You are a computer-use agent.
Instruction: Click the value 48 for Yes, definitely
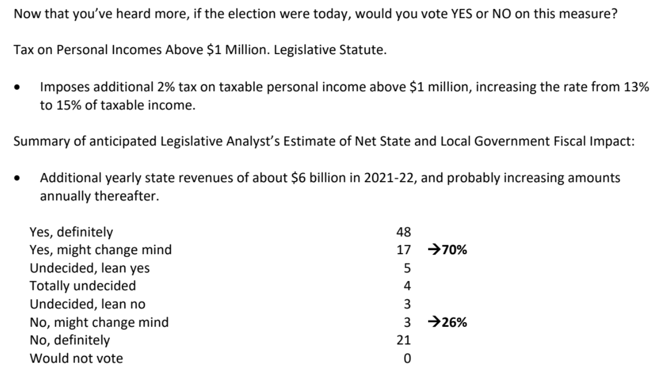click(404, 232)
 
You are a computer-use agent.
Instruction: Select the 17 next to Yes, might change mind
click(404, 250)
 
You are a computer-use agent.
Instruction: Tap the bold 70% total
click(454, 250)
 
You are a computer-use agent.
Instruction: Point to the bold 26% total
click(454, 322)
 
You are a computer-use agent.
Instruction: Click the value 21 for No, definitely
click(404, 341)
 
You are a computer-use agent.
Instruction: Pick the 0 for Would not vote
click(407, 359)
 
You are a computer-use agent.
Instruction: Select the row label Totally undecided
click(83, 286)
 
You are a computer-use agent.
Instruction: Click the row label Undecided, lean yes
click(89, 268)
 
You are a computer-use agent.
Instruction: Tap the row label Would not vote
click(76, 359)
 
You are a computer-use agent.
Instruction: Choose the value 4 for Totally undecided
click(407, 286)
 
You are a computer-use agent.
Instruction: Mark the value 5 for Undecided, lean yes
click(407, 268)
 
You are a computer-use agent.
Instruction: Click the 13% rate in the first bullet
click(637, 87)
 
